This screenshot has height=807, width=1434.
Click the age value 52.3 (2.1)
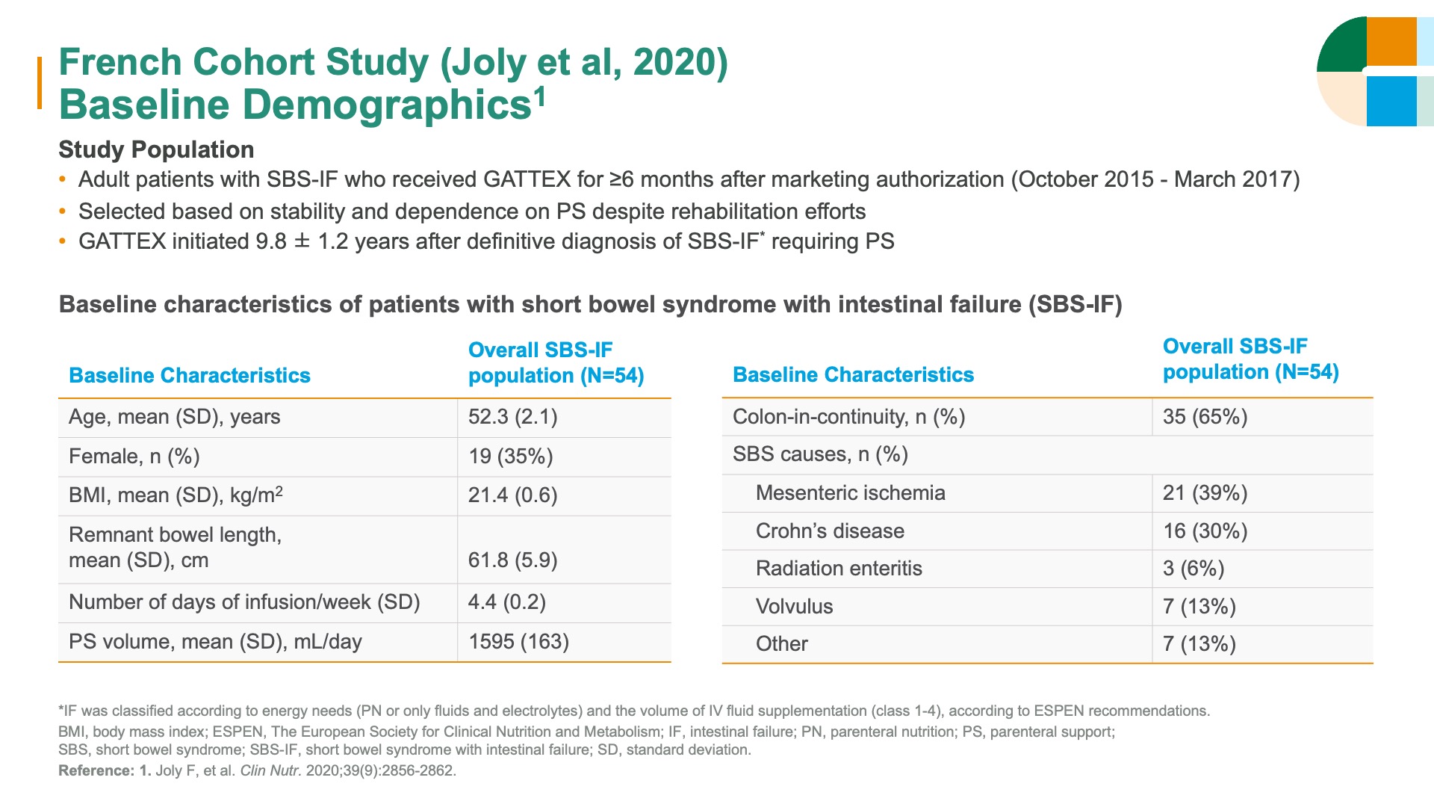512,417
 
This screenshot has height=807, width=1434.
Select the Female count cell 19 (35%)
510,457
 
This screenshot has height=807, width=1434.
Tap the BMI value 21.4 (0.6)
512,495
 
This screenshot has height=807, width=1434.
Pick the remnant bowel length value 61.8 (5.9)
512,560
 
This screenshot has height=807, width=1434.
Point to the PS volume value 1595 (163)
518,642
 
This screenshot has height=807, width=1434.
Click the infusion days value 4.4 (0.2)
506,602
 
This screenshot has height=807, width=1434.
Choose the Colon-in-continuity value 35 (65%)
1205,417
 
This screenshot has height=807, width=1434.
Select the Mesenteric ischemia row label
850,493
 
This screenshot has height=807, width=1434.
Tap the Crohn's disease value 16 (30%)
1205,531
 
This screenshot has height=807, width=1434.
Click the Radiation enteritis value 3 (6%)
1193,569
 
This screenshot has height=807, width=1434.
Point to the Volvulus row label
794,607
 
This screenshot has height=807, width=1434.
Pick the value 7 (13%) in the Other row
1199,644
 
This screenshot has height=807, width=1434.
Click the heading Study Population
156,149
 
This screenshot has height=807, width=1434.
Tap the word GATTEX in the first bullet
527,180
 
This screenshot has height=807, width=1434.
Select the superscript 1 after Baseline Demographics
539,95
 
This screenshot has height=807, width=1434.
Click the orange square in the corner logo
1391,42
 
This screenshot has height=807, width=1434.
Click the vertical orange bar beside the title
40,83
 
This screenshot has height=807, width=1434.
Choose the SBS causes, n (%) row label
820,455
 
